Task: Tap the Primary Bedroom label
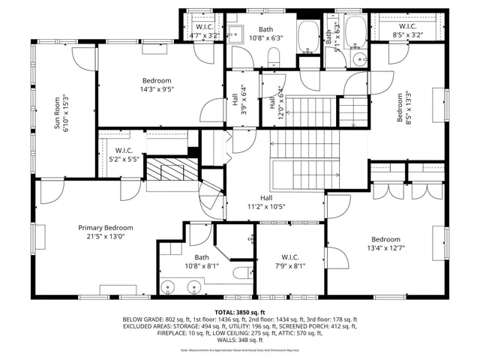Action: (106, 228)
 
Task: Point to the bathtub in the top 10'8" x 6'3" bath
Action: (308, 37)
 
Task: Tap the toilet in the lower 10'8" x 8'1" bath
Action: (241, 271)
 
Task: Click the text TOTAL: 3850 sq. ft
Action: (240, 311)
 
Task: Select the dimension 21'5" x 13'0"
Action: (106, 237)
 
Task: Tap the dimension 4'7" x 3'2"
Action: (204, 34)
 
